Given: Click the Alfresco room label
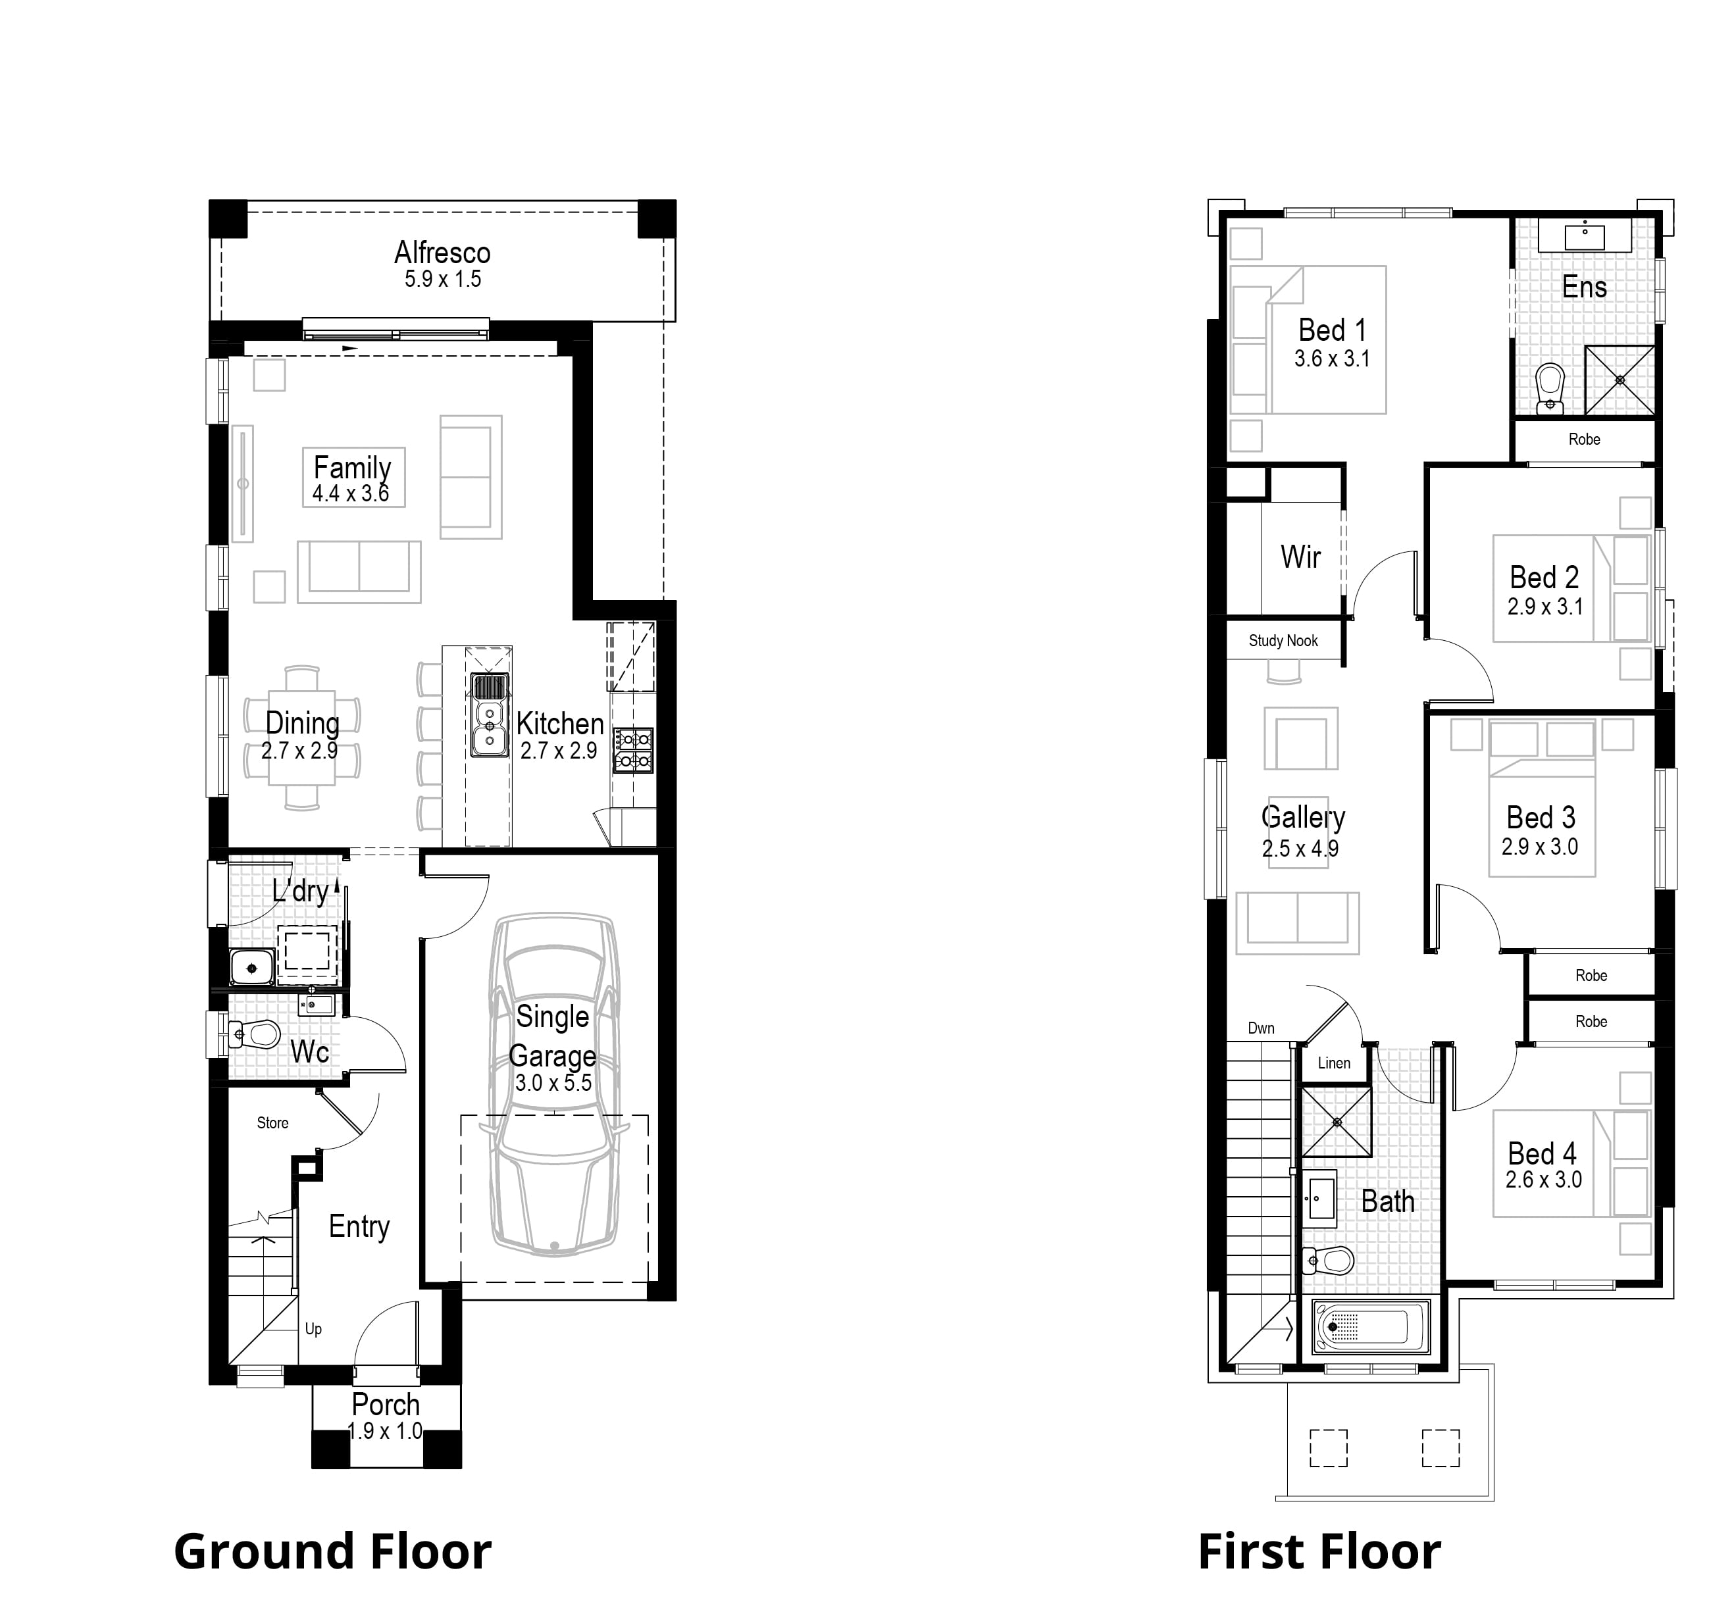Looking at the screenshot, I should click(442, 253).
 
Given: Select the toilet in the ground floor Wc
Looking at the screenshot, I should click(257, 1034).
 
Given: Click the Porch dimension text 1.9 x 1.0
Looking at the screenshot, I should click(385, 1431).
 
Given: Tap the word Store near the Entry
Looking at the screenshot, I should click(272, 1123).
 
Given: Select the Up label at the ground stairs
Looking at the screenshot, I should click(313, 1328).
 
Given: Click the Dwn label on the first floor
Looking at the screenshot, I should click(1261, 1028).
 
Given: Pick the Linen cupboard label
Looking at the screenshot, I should click(1334, 1063).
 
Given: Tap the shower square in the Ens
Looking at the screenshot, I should click(1620, 380).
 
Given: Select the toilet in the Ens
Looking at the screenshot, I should click(1550, 387).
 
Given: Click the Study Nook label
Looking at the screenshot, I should click(1283, 640).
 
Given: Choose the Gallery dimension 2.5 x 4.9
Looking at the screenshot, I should click(1300, 849).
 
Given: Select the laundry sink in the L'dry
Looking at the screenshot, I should click(251, 968).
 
